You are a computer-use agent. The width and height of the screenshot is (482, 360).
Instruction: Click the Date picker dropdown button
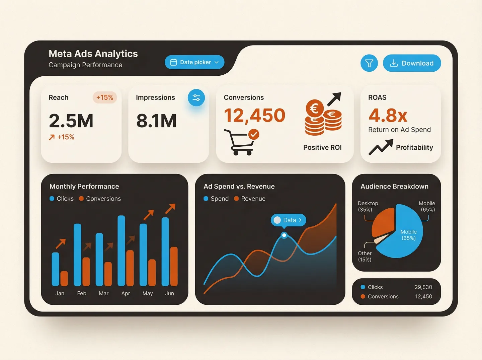[x=194, y=62]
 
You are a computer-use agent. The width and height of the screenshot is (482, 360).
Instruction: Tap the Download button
[x=412, y=63]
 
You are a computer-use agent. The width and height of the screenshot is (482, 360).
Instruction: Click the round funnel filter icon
[x=369, y=63]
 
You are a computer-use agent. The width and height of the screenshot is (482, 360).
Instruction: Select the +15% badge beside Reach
[x=104, y=97]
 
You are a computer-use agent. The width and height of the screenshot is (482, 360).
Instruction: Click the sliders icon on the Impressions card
[x=196, y=98]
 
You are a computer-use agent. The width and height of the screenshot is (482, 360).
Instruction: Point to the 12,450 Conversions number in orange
[x=254, y=115]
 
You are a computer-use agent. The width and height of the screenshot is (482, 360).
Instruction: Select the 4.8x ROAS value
[x=388, y=116]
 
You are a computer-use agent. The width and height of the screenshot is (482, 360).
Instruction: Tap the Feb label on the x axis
[x=82, y=293]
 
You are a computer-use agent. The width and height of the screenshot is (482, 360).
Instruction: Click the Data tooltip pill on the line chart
[x=288, y=220]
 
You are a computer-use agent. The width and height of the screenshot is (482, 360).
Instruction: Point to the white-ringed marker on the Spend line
[x=284, y=235]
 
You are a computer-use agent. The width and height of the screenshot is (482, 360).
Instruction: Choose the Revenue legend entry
[x=250, y=199]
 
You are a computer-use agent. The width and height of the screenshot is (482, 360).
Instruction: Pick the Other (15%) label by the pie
[x=365, y=257]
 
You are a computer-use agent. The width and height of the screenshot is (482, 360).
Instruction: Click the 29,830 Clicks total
[x=423, y=287]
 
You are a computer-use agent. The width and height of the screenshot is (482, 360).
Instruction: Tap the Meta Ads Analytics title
[x=93, y=54]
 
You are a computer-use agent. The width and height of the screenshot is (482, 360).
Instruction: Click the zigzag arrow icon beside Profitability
[x=381, y=147]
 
